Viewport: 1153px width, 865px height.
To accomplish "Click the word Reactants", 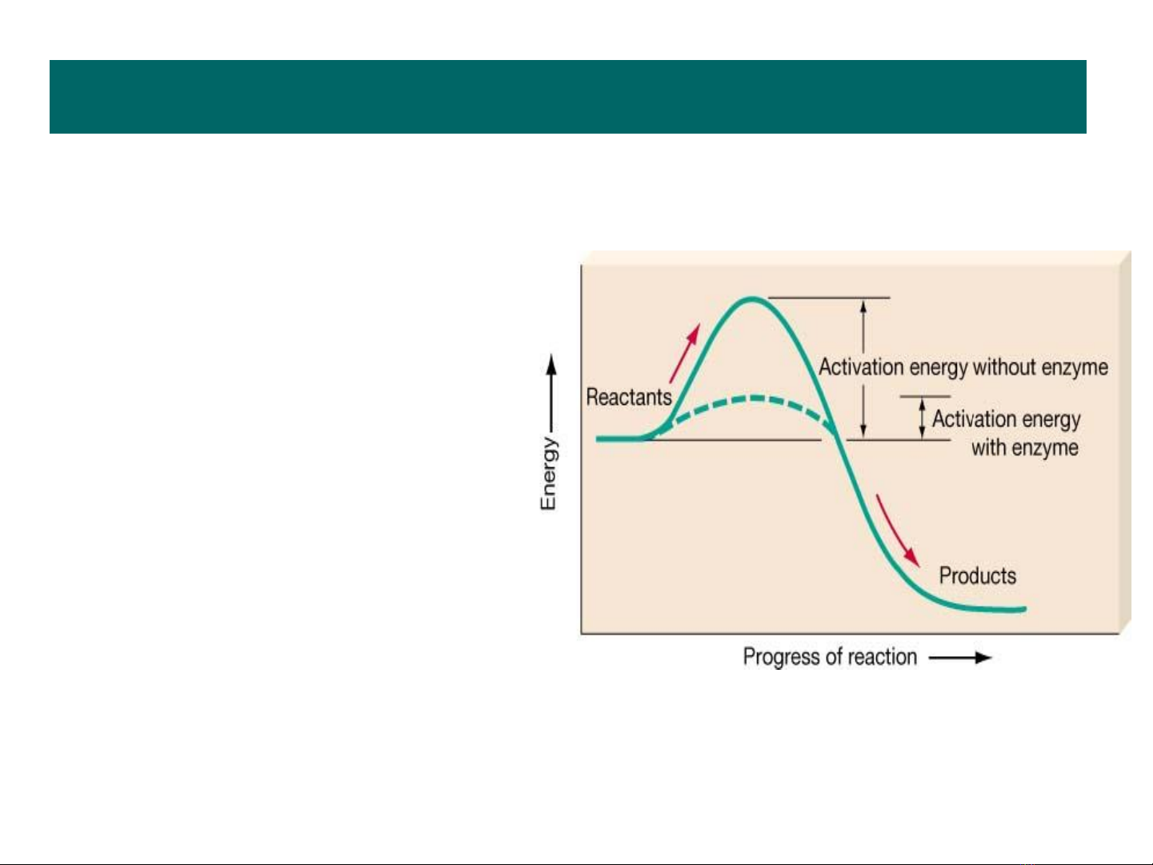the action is (629, 397).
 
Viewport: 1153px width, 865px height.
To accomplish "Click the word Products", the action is (978, 575).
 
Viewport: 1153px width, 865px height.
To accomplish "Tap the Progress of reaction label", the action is (830, 657).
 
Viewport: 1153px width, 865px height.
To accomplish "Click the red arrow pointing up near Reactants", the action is (684, 353).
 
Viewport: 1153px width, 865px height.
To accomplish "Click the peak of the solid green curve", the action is (752, 299).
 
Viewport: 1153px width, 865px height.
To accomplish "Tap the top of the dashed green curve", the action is (755, 398).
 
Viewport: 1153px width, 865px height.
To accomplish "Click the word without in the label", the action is (1004, 367).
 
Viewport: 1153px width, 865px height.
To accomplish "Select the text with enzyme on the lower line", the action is (1025, 448).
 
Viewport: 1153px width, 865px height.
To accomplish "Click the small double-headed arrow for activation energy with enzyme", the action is (922, 418).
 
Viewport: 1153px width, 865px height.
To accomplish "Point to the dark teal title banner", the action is (568, 97).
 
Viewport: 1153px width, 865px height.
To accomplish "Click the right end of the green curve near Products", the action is (1025, 609).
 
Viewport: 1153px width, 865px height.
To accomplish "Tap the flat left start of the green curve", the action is (617, 439).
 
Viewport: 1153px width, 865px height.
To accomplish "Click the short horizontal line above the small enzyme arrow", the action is (925, 397).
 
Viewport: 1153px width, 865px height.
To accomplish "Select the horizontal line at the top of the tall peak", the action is (829, 298).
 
